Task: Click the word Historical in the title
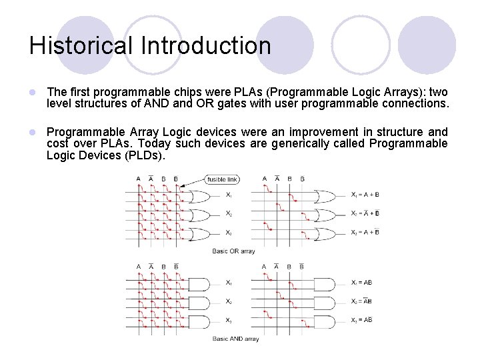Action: pos(81,46)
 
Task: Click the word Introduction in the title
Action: pos(206,46)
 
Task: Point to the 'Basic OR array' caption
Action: pos(233,251)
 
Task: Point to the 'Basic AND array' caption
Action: pos(235,339)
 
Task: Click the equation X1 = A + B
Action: pos(365,195)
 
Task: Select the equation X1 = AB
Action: pos(361,283)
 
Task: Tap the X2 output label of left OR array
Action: pos(229,215)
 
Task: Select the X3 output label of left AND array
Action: pos(229,321)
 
